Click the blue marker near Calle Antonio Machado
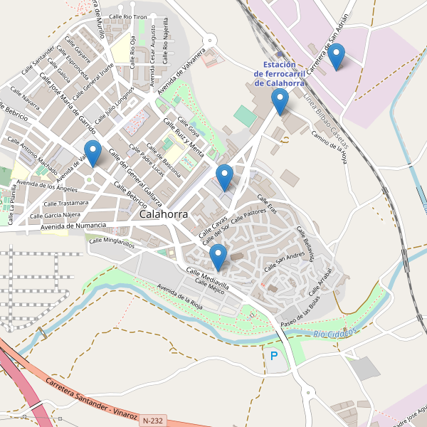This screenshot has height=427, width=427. [93, 153]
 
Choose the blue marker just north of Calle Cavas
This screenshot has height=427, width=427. [224, 177]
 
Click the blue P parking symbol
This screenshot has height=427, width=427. [273, 355]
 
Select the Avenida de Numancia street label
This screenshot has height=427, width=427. [73, 226]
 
